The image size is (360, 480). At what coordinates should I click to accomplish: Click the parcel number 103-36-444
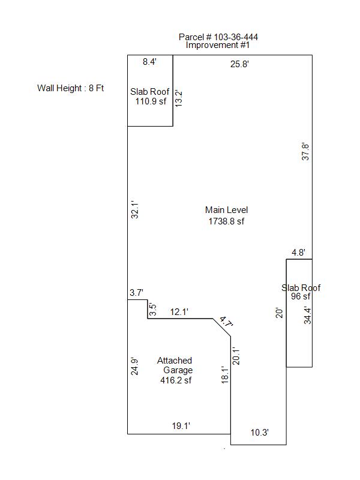236,37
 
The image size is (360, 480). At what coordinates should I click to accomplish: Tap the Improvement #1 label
218,45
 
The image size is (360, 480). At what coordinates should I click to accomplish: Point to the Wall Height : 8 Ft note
70,88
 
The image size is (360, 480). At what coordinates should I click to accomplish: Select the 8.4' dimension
149,62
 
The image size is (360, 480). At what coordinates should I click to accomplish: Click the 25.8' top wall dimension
239,64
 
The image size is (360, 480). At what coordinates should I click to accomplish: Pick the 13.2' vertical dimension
178,98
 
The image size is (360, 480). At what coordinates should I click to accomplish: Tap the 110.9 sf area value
151,101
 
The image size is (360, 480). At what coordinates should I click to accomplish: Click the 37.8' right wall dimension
305,152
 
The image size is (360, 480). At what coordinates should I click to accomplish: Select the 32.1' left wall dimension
134,209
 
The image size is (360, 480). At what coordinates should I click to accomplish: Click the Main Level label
227,210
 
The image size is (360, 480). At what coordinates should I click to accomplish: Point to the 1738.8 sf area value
227,221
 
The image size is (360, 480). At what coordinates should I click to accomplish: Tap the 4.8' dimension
298,252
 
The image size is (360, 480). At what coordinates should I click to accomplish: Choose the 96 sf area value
301,296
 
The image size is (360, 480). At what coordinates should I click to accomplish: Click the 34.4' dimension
307,316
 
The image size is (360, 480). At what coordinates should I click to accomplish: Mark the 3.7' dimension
136,293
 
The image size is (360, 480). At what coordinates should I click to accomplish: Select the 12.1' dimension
179,312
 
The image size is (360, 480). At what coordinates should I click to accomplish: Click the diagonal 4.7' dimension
227,322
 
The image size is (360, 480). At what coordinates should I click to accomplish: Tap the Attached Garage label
175,365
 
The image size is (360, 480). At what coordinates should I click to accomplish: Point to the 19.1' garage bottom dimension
181,426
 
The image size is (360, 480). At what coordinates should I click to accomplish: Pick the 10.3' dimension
260,433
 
